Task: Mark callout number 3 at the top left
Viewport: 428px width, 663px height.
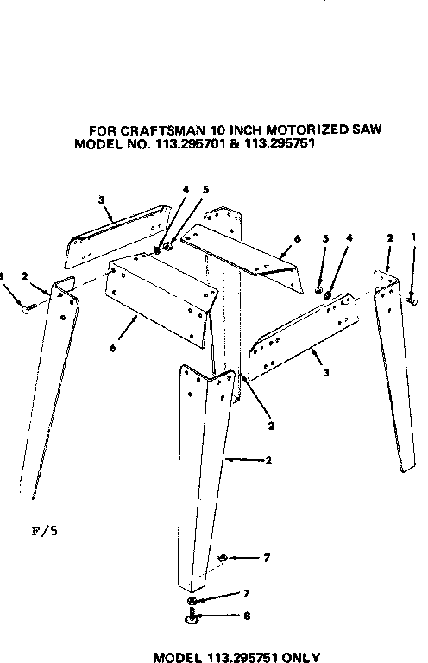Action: point(102,200)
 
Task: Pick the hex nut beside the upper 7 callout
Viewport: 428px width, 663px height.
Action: point(223,559)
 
